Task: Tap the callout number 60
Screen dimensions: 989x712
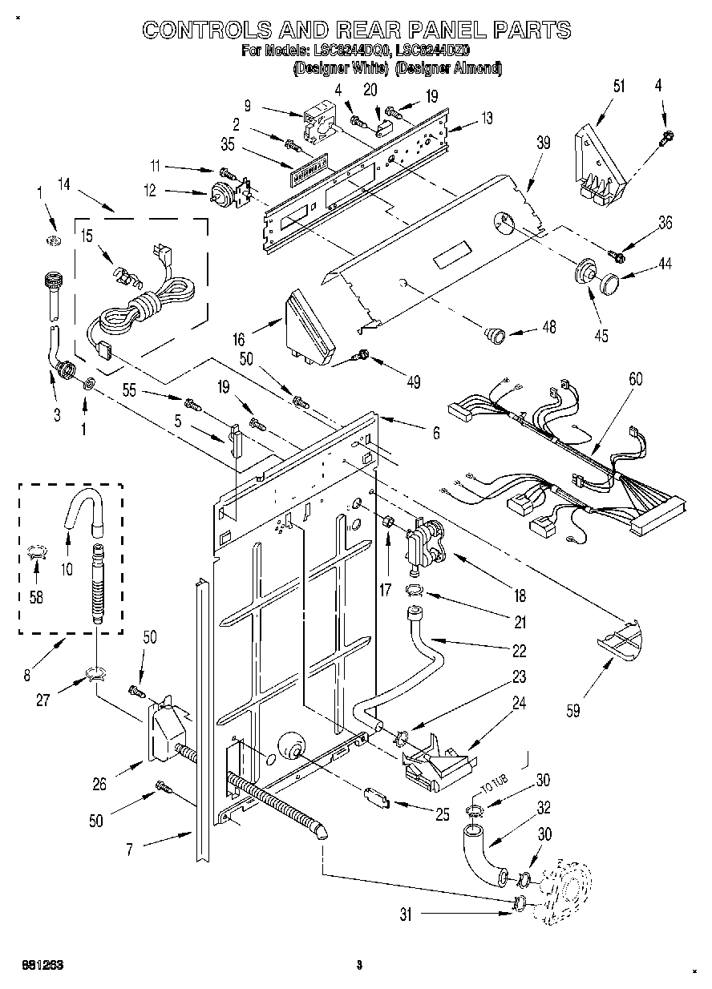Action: (x=635, y=380)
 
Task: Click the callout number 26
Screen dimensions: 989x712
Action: (x=99, y=785)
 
